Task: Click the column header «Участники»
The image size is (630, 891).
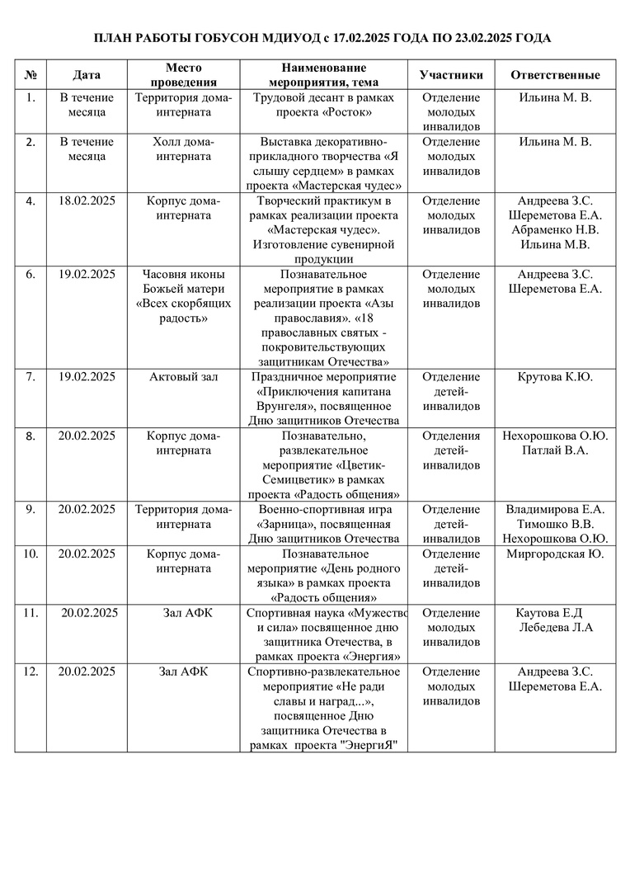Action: (450, 75)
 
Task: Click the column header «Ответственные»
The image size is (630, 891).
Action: (555, 75)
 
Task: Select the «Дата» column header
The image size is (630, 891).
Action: (87, 75)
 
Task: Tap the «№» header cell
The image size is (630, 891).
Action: (31, 75)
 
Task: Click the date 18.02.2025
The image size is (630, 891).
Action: (87, 200)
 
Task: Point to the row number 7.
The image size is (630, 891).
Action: (31, 377)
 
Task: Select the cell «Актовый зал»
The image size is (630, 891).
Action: (183, 377)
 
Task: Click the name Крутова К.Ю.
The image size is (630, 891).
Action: (555, 377)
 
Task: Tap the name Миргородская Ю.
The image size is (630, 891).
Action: (555, 554)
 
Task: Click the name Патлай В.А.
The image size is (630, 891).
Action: (555, 450)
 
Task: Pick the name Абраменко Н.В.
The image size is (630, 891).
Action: (555, 230)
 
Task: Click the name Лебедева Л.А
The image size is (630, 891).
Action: (555, 627)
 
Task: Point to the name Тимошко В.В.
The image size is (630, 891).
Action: (555, 524)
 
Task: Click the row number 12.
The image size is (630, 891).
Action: (31, 672)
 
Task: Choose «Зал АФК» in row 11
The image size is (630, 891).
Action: (183, 612)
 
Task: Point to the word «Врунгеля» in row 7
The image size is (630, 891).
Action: (286, 406)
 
